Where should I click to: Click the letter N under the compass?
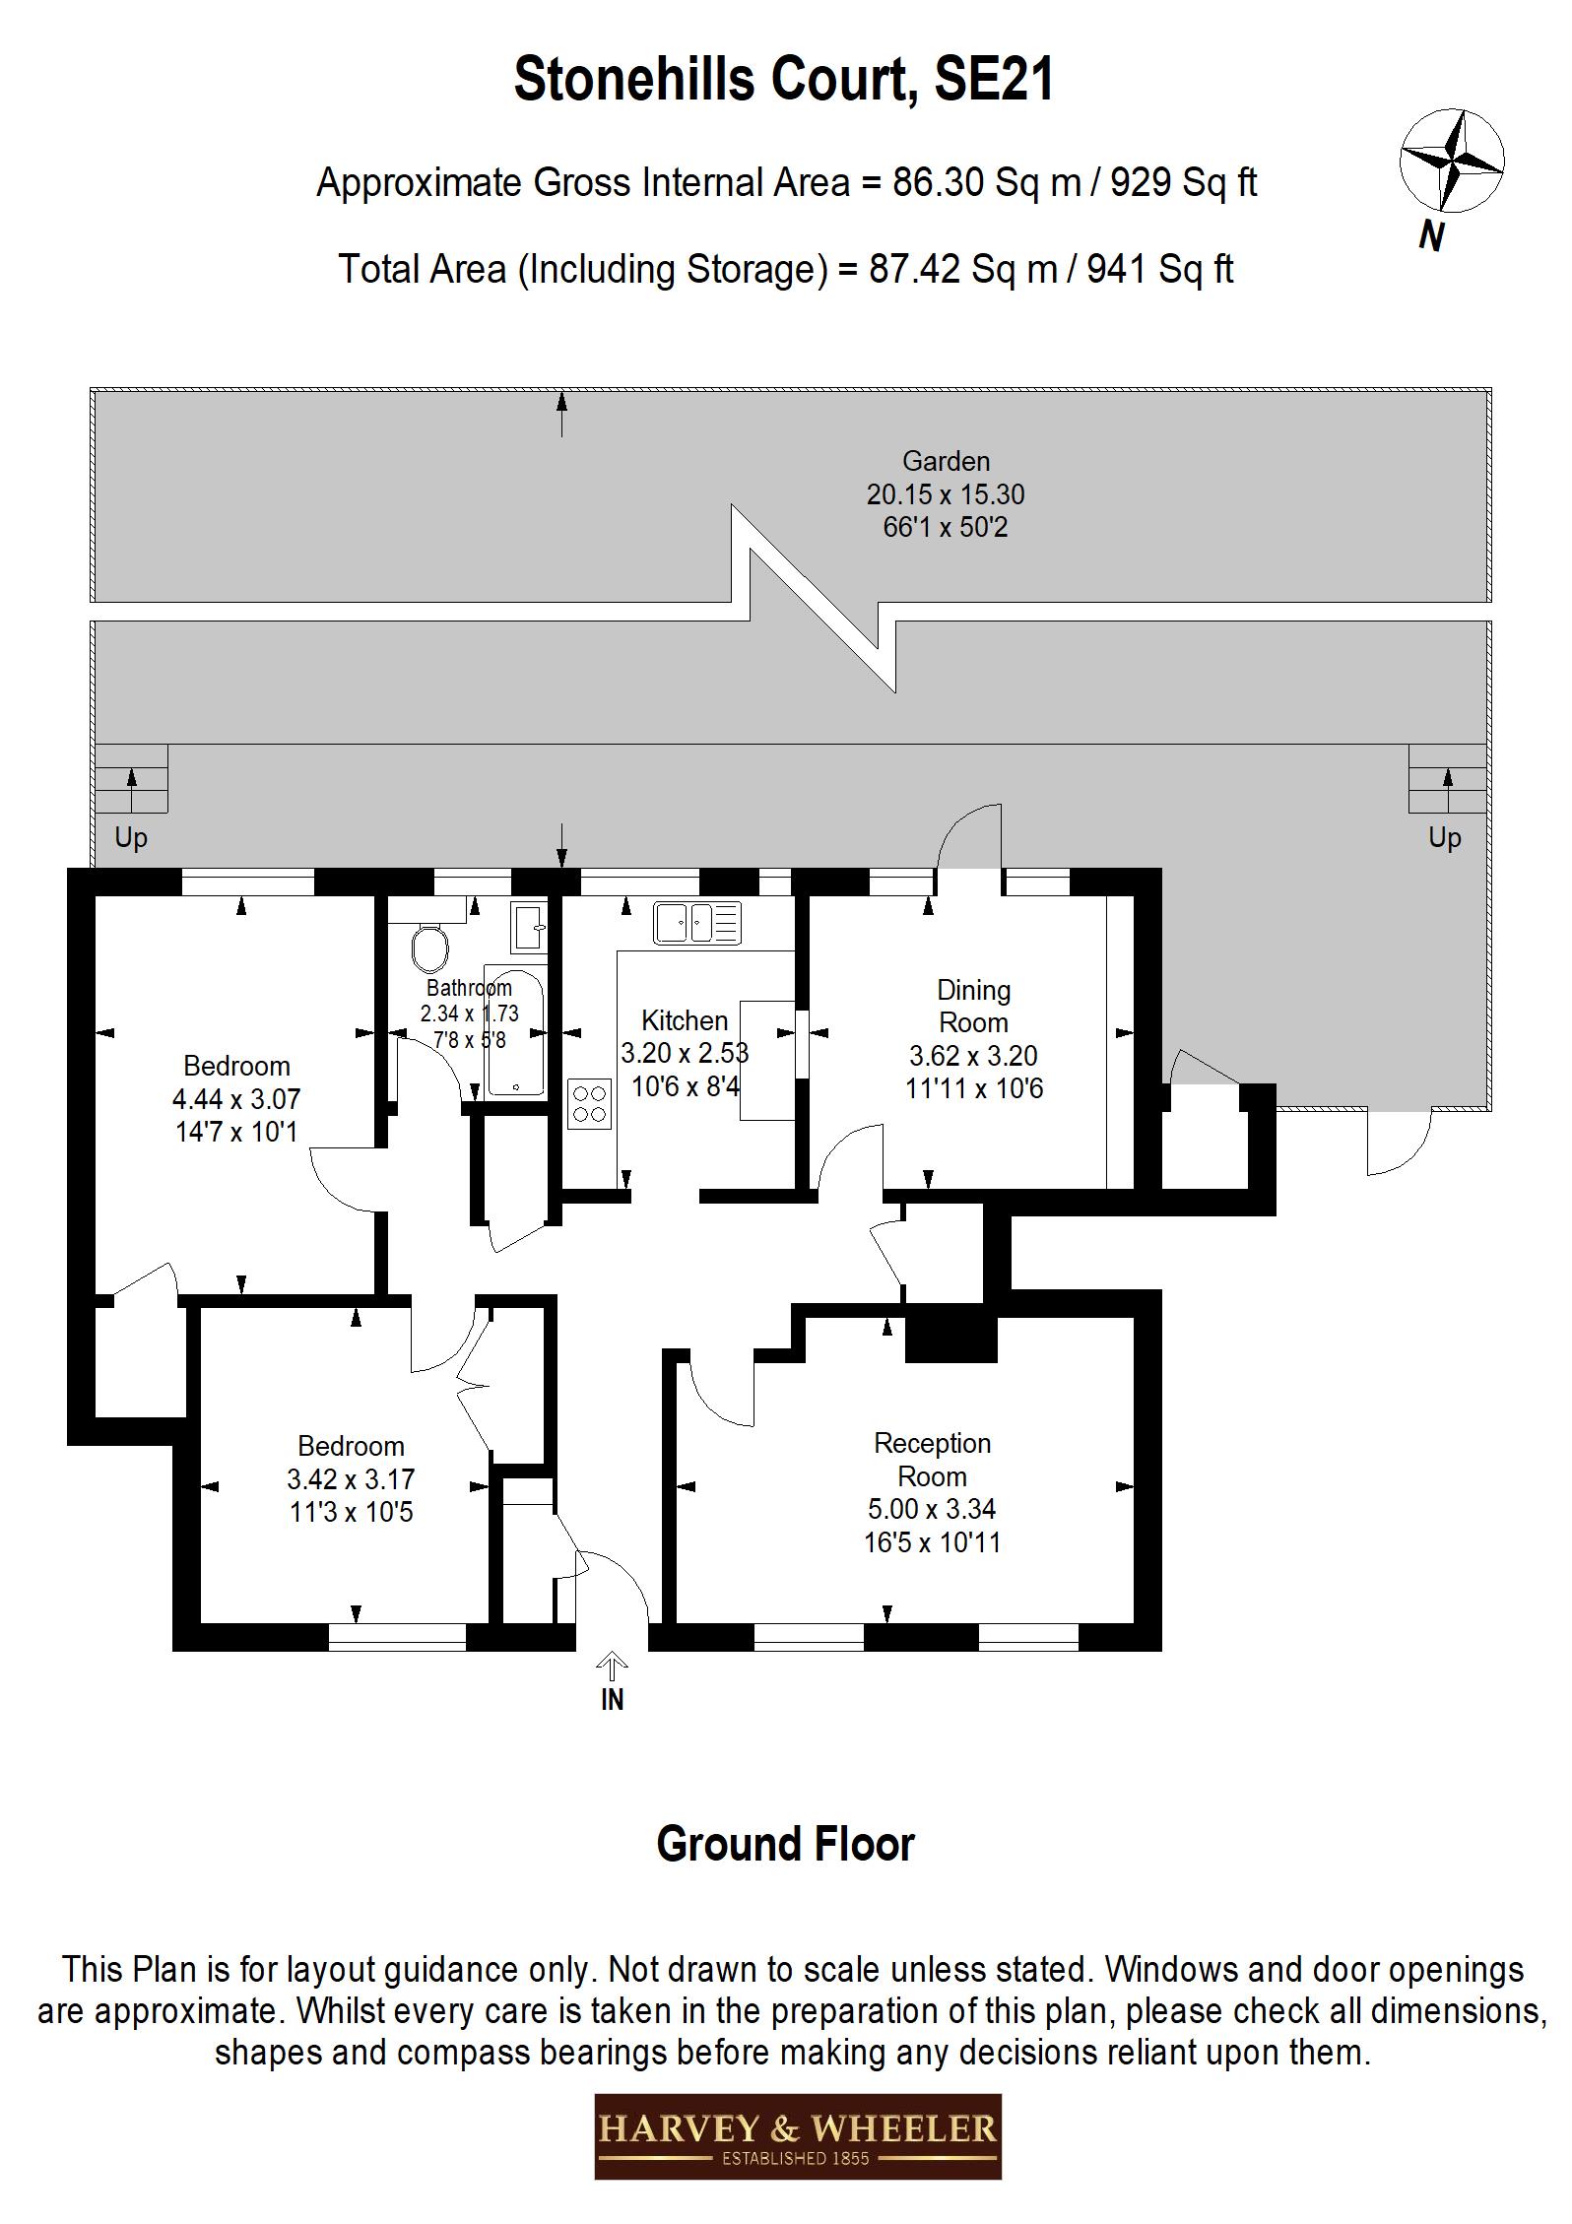[1432, 236]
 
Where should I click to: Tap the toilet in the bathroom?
[429, 949]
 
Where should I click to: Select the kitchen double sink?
[696, 923]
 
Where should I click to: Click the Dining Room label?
[973, 1006]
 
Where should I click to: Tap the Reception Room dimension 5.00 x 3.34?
[932, 1508]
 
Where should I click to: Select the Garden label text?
[946, 461]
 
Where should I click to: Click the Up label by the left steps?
[131, 837]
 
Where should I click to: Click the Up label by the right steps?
[1444, 837]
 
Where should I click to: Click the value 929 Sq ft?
[1183, 183]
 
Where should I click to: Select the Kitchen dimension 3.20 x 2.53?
[685, 1053]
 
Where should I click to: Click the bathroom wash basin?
[530, 926]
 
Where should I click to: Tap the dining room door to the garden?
[969, 837]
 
